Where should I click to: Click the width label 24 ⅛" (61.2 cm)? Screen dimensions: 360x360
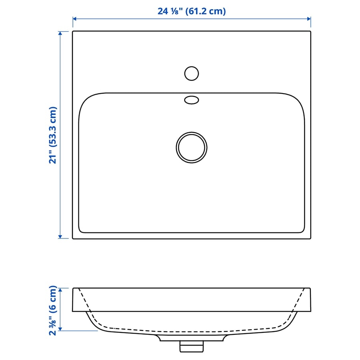(192, 11)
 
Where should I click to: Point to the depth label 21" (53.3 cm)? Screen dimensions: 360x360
(52, 135)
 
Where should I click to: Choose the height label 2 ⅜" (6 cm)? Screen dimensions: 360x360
(52, 310)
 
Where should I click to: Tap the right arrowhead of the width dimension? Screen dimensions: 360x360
(309, 19)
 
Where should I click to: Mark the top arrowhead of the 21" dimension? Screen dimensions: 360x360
(60, 33)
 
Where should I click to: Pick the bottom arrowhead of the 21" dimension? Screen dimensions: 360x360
(60, 237)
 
